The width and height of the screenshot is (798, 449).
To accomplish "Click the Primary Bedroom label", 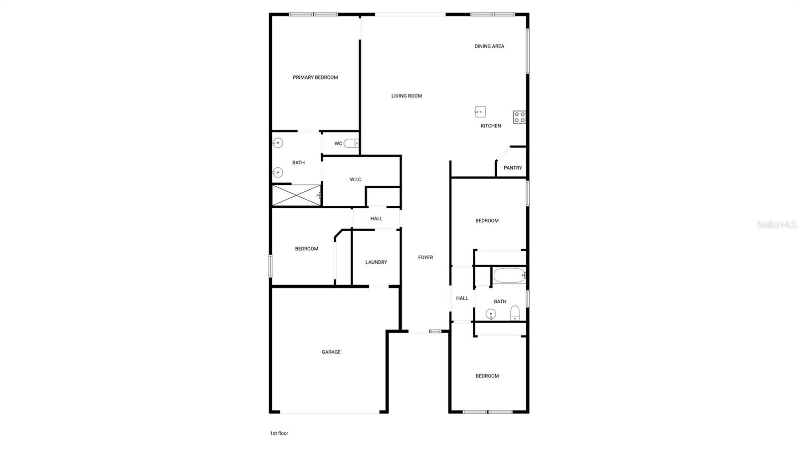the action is [315, 77].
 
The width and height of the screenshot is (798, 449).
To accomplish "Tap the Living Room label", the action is [406, 96].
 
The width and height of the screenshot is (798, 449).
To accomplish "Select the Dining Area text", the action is [489, 46].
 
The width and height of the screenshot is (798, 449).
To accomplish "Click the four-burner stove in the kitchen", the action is [519, 117].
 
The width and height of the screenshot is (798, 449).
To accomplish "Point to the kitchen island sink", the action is [480, 112].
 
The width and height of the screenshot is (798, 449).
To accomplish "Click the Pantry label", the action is [513, 168].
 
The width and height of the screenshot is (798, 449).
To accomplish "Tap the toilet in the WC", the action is [351, 143].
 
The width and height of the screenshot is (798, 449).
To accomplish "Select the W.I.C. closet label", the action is [356, 179].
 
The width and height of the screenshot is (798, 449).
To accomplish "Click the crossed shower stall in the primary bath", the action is [296, 195].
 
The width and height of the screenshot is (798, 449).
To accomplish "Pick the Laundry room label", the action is [376, 262].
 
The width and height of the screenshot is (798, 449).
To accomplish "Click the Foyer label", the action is [425, 257].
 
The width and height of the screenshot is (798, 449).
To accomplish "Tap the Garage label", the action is [331, 352].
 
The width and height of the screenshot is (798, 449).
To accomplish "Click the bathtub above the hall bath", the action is [509, 275].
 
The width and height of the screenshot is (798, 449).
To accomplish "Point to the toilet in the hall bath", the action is [515, 313].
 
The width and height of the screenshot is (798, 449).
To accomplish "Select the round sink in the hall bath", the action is [491, 314].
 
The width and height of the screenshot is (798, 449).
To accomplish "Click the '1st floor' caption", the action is [279, 434].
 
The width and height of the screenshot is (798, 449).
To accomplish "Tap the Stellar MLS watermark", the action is [776, 225].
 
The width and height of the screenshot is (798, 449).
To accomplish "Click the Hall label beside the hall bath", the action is [462, 298].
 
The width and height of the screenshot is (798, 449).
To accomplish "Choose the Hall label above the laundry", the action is [376, 219].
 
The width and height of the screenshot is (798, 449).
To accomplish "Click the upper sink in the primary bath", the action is [278, 143].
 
